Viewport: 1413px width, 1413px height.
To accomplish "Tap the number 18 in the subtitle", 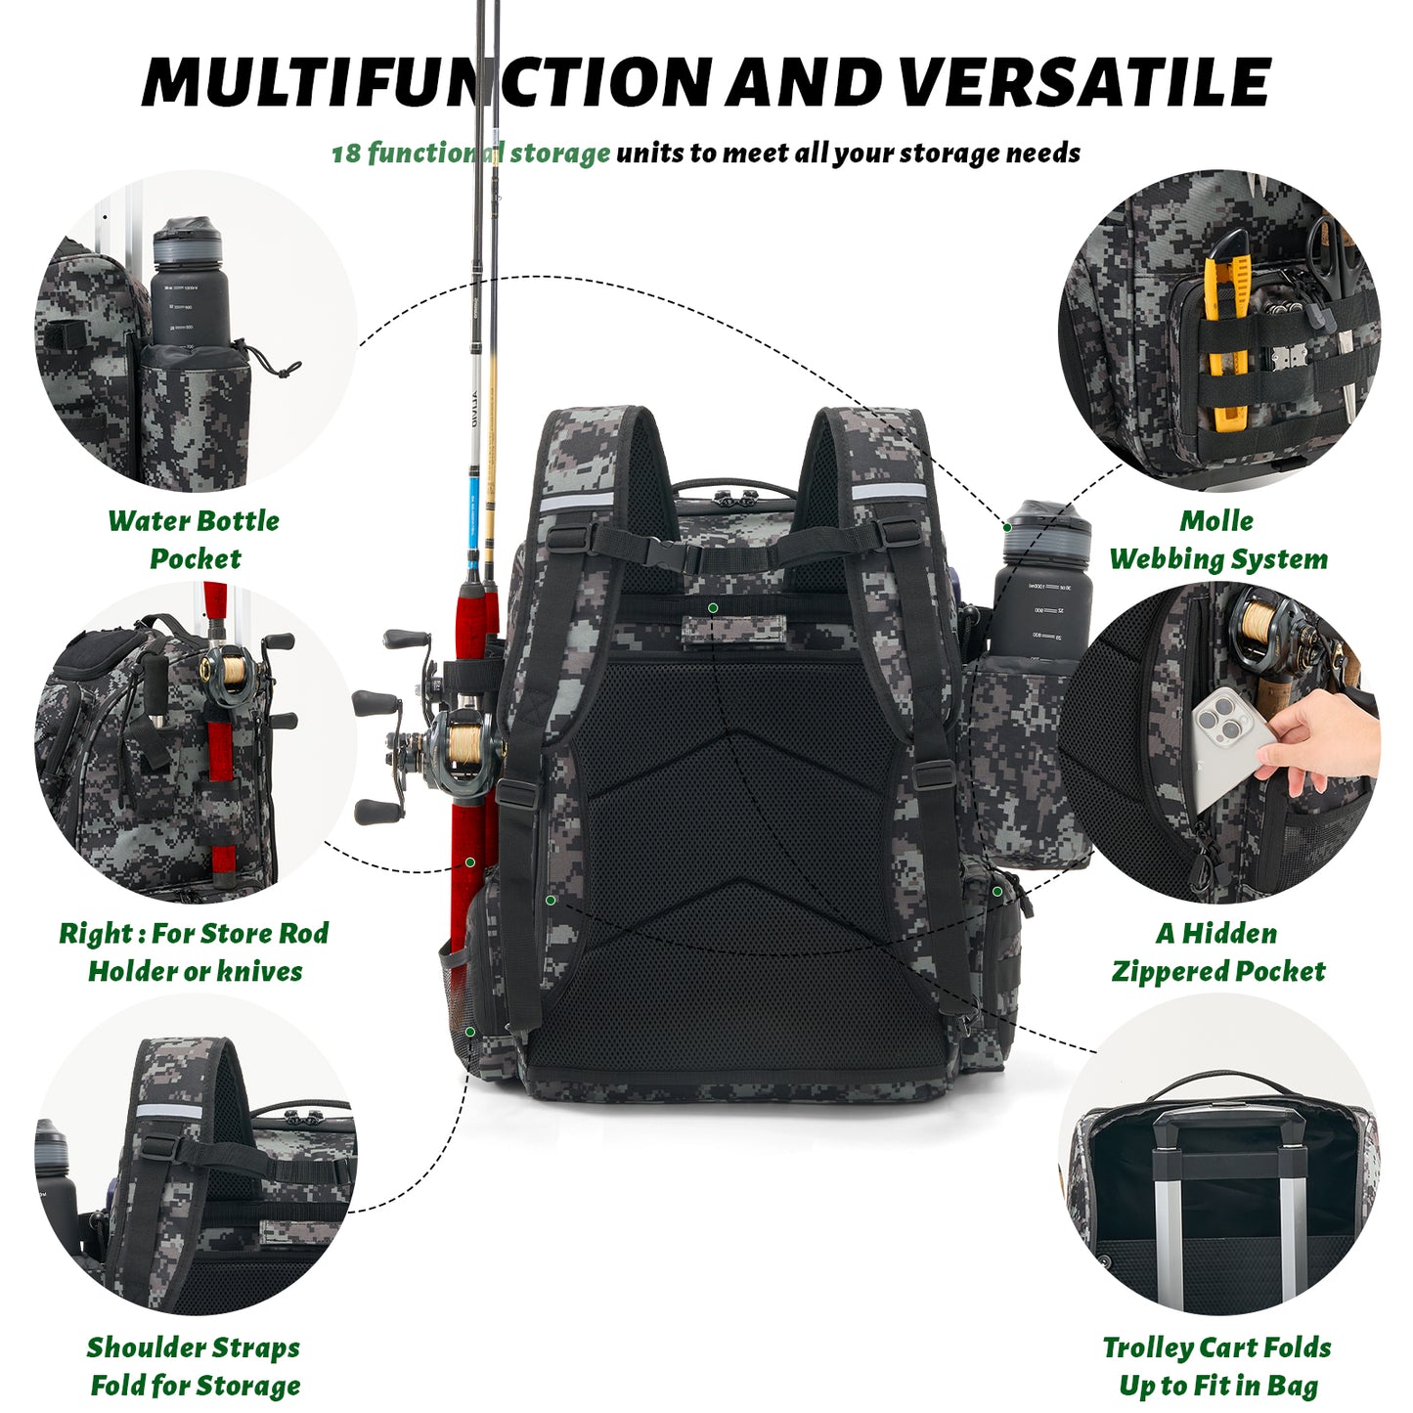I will tap(346, 155).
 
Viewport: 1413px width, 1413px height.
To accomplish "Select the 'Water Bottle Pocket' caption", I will tap(194, 539).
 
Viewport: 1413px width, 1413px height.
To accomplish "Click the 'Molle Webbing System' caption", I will tap(1217, 539).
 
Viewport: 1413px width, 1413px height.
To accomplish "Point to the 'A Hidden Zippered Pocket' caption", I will tap(1217, 951).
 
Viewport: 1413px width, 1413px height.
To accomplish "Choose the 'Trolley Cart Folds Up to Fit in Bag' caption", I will tap(1217, 1366).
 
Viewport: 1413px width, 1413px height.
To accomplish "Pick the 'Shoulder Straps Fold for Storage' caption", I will tap(194, 1366).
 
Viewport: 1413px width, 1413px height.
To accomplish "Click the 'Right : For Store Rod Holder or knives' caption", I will tap(194, 951).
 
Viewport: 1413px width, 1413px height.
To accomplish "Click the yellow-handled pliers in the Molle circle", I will tap(1228, 332).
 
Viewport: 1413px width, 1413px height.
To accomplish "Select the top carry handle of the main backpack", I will tap(733, 486).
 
